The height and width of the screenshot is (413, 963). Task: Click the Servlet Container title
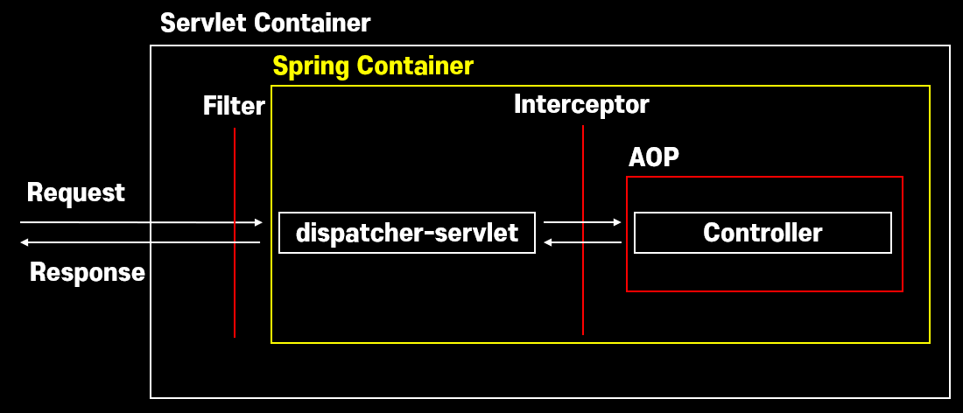(x=265, y=23)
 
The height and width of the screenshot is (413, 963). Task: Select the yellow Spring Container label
(x=373, y=66)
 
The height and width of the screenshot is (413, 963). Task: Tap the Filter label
(x=234, y=106)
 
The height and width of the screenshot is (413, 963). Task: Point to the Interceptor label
(x=581, y=105)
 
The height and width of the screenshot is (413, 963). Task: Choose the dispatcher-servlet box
(x=407, y=233)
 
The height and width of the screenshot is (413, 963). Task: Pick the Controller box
(x=763, y=233)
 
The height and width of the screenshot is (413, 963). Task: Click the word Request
(x=76, y=192)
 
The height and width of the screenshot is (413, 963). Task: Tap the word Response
(x=88, y=272)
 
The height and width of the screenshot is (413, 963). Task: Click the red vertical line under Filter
(x=235, y=289)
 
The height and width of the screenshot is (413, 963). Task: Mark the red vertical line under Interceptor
(x=583, y=289)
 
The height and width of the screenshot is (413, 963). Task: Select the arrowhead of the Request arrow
(x=258, y=223)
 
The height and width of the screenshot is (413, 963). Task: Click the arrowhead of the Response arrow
(x=25, y=241)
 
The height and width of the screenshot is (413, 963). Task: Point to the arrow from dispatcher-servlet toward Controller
(x=581, y=222)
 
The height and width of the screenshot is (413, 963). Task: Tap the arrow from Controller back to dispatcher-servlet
(x=581, y=242)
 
